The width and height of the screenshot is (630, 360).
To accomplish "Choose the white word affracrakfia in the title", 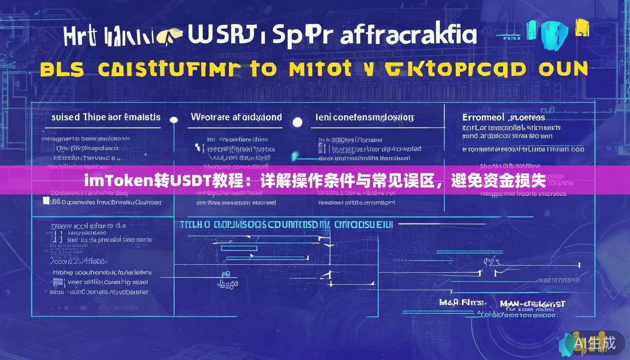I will pyautogui.click(x=409, y=35).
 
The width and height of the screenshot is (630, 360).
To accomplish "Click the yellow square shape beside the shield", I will pyautogui.click(x=582, y=30).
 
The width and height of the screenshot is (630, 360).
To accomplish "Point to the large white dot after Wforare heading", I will pyautogui.click(x=297, y=123).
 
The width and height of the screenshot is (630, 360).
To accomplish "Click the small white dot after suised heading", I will pyautogui.click(x=173, y=120).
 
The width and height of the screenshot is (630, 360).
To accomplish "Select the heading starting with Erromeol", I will pyautogui.click(x=503, y=117).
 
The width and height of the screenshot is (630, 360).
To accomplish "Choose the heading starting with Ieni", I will pyautogui.click(x=365, y=117).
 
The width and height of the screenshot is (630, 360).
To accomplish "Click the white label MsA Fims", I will pyautogui.click(x=462, y=303).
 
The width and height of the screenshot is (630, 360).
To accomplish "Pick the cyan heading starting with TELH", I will pyautogui.click(x=286, y=225).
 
